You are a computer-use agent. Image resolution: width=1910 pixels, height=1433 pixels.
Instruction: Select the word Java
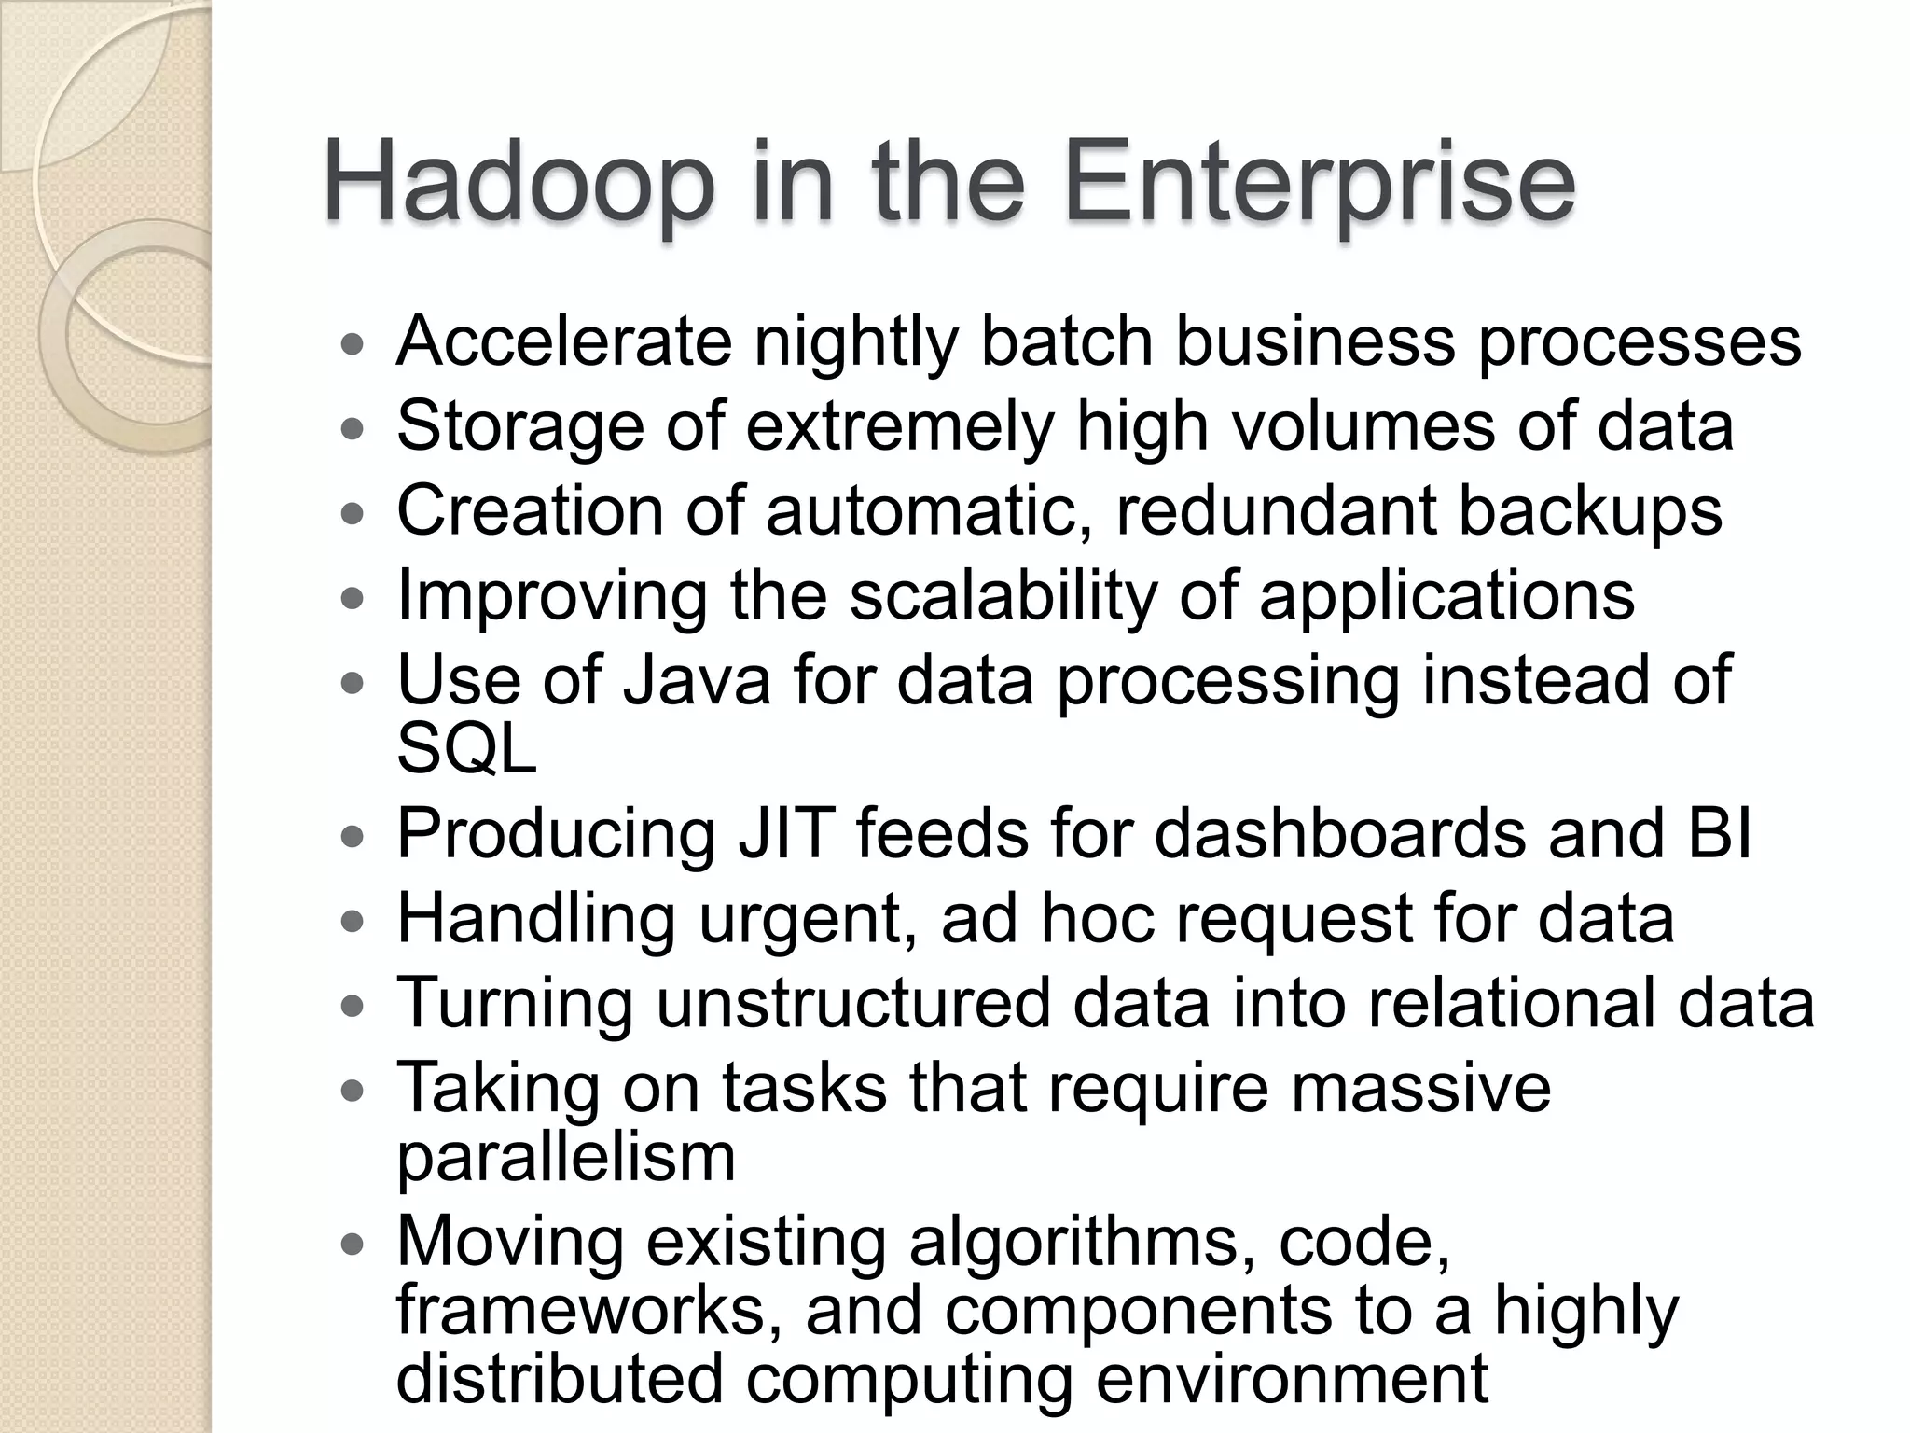pos(697,680)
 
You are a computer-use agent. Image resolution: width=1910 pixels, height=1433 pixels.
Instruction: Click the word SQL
pos(466,748)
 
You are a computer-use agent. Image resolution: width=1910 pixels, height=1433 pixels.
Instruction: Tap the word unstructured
pos(852,1003)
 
